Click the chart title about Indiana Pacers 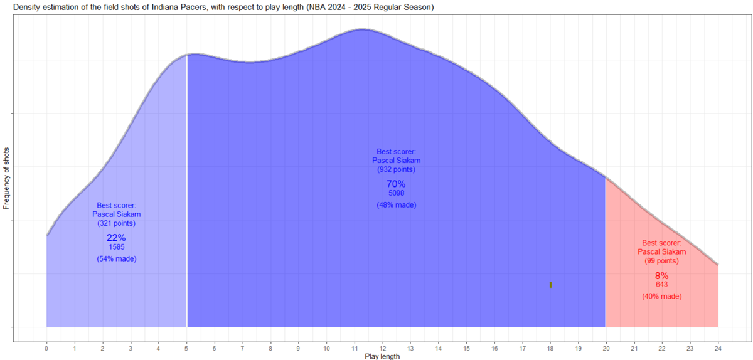[x=217, y=7]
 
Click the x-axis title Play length [x=382, y=356]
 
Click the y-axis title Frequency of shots [x=7, y=178]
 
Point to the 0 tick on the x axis [x=46, y=348]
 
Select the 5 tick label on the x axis [x=186, y=348]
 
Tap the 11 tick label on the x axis [x=355, y=348]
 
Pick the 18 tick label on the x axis [x=550, y=348]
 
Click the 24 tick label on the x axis [x=718, y=348]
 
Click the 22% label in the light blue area [x=117, y=238]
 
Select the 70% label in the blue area [x=396, y=184]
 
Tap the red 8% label [x=661, y=275]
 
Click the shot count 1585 [x=117, y=247]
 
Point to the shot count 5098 [x=396, y=193]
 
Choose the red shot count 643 [x=661, y=285]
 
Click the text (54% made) [x=117, y=259]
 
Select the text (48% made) [x=396, y=205]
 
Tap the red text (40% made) [x=661, y=296]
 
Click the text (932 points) [x=396, y=169]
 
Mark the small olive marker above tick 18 [x=550, y=285]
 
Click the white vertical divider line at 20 [x=606, y=251]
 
